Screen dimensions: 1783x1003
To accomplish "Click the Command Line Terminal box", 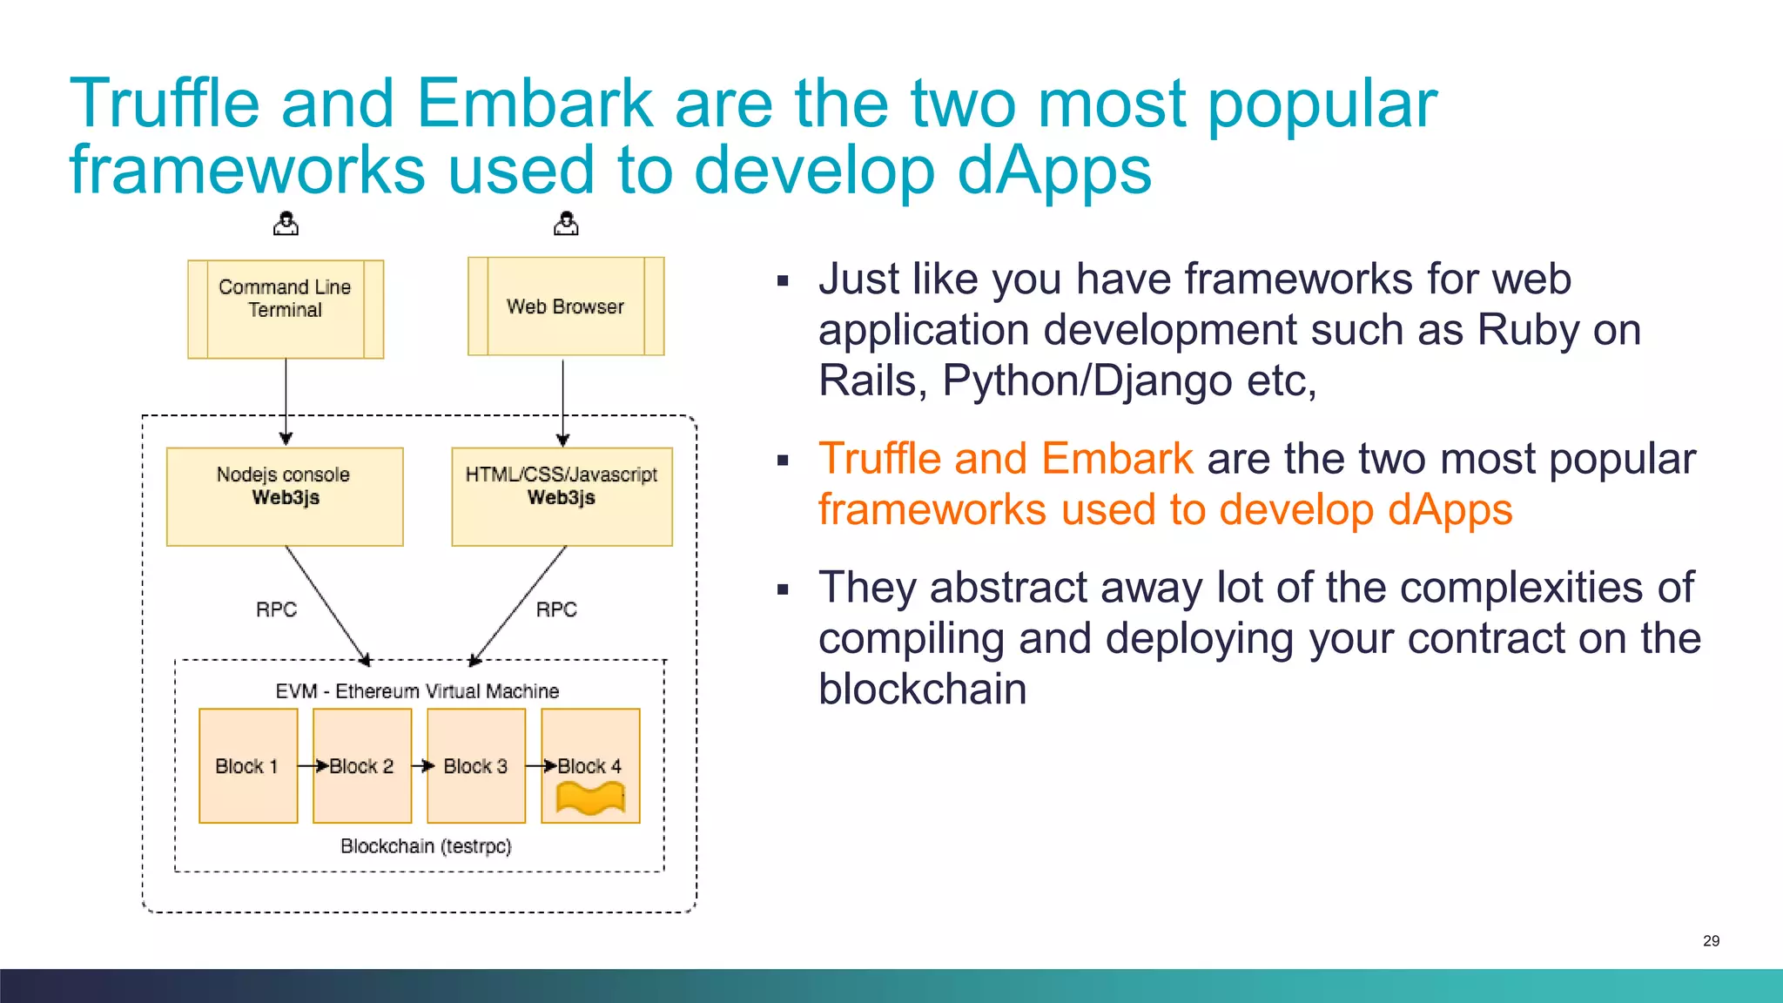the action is pyautogui.click(x=286, y=309).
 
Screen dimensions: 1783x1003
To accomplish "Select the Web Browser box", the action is pyautogui.click(x=566, y=306).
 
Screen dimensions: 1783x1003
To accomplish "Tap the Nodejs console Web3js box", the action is pyautogui.click(x=285, y=496).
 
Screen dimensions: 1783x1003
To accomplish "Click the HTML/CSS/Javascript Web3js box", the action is pyautogui.click(x=562, y=496).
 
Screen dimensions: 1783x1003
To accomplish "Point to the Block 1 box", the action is pyautogui.click(x=248, y=766).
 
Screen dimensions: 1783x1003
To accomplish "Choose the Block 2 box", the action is pyautogui.click(x=362, y=766).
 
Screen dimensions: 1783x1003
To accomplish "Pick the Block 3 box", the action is pyautogui.click(x=476, y=766).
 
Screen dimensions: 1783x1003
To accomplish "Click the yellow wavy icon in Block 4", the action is pyautogui.click(x=591, y=798).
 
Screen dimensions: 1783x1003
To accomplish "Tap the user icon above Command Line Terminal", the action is pyautogui.click(x=286, y=225).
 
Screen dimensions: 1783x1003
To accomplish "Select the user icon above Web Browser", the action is pyautogui.click(x=566, y=225).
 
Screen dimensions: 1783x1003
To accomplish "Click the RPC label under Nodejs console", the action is pyautogui.click(x=276, y=609).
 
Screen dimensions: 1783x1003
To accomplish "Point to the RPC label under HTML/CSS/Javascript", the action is pyautogui.click(x=556, y=609).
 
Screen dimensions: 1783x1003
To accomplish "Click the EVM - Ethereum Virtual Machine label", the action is pyautogui.click(x=417, y=691).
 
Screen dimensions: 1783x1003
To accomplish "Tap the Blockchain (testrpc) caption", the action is pyautogui.click(x=426, y=846).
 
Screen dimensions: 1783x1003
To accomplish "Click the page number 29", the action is pyautogui.click(x=1711, y=941).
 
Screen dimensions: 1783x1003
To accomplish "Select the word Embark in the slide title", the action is pyautogui.click(x=535, y=104).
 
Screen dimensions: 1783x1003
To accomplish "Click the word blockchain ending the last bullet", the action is pyautogui.click(x=922, y=690).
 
